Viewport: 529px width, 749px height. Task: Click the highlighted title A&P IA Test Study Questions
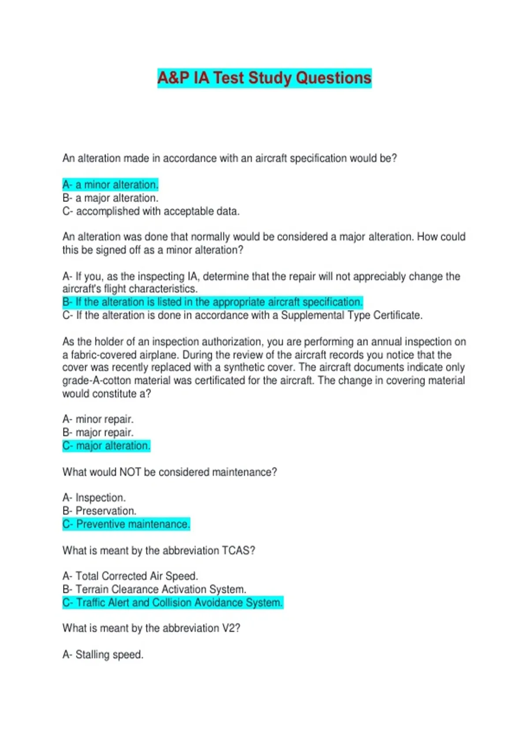(x=264, y=78)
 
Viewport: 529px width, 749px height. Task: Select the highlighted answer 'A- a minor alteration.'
(x=110, y=185)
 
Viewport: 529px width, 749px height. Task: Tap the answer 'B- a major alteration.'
(x=110, y=198)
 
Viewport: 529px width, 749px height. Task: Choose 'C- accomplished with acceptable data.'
(x=151, y=211)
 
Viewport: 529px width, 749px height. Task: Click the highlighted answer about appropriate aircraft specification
(x=212, y=302)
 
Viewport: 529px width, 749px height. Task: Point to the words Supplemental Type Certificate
(x=351, y=315)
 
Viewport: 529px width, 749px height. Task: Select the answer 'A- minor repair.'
(x=98, y=419)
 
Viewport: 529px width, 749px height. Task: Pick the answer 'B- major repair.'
(x=98, y=432)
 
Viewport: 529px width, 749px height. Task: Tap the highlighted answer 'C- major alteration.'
(x=106, y=446)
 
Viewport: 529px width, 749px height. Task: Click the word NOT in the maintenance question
(x=130, y=472)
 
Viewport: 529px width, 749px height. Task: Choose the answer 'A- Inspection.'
(x=94, y=498)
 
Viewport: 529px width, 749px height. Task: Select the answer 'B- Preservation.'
(x=99, y=511)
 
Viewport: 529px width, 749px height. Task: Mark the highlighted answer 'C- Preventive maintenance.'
(x=126, y=524)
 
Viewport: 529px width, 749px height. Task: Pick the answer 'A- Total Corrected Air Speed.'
(x=130, y=576)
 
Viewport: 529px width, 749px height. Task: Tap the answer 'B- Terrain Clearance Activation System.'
(x=154, y=590)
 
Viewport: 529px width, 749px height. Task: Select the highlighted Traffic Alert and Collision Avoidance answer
(x=172, y=603)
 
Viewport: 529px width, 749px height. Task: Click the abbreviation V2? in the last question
(x=231, y=628)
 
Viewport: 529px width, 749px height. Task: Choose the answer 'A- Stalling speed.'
(x=103, y=655)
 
